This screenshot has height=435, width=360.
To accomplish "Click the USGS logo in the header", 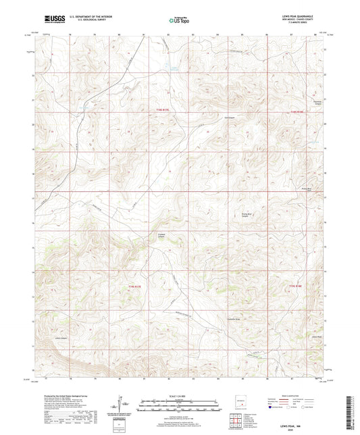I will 53,18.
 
